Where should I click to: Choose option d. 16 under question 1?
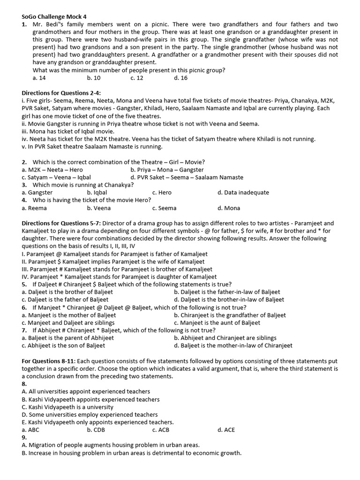180,78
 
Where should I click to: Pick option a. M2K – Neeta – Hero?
52,170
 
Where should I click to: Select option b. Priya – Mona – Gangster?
167,170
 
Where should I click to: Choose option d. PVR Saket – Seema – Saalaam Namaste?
187,177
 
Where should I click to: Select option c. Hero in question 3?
162,193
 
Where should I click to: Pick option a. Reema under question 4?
34,208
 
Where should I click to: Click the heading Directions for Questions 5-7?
61,224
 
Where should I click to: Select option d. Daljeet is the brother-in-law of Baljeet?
229,300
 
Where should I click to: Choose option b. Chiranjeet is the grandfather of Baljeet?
230,315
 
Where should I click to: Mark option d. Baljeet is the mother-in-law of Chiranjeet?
233,345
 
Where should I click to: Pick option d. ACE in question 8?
226,430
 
